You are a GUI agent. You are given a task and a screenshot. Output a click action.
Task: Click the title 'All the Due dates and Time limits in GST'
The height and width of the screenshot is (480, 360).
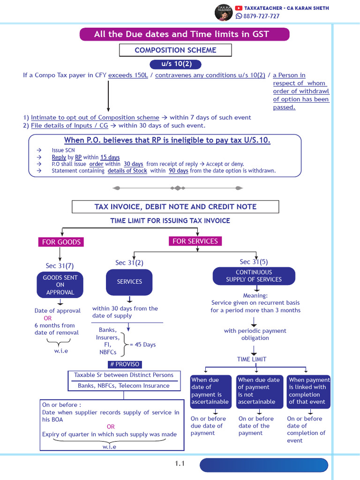[184, 34]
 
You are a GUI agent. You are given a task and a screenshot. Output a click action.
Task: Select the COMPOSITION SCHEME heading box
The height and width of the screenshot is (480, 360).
[175, 50]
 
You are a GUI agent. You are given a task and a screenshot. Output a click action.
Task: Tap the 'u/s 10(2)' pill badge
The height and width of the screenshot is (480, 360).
[170, 64]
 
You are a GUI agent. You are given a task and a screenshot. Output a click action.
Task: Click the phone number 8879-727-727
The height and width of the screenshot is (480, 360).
[261, 16]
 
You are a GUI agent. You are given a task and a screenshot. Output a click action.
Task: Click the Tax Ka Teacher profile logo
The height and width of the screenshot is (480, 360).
[223, 13]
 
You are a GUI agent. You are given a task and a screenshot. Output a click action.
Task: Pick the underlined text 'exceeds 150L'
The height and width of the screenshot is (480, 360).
[129, 75]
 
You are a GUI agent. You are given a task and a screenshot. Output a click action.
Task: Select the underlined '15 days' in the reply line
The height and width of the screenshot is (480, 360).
[110, 157]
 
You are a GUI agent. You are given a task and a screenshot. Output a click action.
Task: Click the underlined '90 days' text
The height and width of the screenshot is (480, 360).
[179, 171]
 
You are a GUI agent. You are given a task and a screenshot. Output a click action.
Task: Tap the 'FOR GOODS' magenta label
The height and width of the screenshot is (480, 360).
[61, 242]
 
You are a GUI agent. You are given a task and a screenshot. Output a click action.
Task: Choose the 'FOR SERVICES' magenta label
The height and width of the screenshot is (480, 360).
[195, 241]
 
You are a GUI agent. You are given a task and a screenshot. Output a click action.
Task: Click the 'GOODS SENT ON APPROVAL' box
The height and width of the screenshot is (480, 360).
[60, 285]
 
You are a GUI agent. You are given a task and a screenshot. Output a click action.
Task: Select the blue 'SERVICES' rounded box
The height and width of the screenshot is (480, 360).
[129, 282]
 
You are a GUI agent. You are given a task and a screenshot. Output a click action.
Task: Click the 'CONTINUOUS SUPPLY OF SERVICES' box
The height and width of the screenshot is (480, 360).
[254, 276]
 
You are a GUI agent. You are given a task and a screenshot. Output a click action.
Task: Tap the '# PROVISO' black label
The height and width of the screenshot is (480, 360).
[124, 364]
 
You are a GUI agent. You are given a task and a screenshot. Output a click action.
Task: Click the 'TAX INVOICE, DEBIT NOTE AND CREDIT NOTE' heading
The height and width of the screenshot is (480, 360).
[175, 207]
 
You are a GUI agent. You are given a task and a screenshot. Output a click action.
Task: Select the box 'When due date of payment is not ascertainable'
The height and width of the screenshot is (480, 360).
[259, 390]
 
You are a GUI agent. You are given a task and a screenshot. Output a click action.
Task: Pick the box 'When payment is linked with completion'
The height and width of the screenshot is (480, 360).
[308, 390]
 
